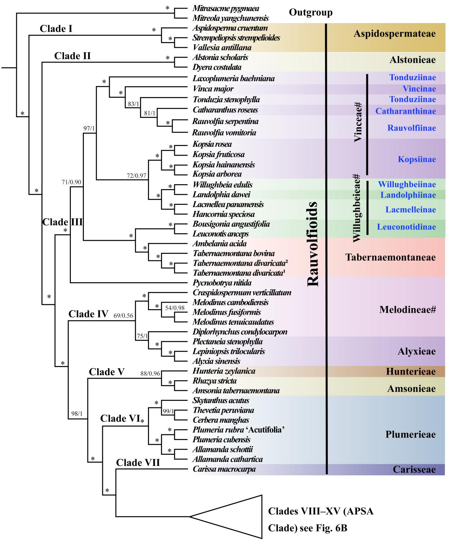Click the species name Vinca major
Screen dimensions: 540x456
click(213, 89)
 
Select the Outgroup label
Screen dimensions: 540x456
click(311, 13)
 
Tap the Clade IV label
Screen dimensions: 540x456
click(88, 314)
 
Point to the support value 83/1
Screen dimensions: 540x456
click(134, 104)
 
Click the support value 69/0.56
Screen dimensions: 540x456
click(123, 316)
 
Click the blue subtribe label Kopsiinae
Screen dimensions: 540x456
click(417, 159)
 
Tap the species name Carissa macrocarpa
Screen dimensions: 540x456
click(224, 469)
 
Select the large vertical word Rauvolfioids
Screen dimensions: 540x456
click(313, 244)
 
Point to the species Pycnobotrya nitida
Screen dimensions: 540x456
click(222, 283)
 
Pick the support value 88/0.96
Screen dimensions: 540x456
click(150, 374)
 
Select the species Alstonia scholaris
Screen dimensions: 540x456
click(220, 58)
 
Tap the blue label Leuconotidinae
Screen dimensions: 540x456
click(406, 227)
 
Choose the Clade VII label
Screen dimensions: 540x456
click(138, 463)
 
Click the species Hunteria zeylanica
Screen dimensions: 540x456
click(224, 371)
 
